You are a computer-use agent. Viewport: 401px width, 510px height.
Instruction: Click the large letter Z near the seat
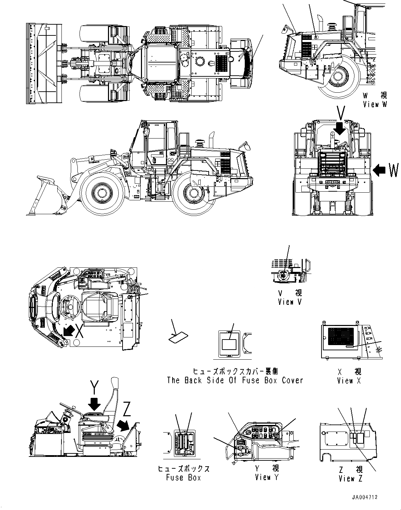tap(127, 411)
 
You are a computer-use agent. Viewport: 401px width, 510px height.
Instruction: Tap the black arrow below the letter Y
tap(94, 404)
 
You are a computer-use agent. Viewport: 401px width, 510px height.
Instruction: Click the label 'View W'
tap(375, 104)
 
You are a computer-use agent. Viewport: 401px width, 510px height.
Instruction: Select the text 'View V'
tap(290, 302)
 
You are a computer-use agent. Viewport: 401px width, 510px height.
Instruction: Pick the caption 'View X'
tap(349, 381)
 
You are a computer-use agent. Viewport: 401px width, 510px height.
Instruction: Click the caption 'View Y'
tap(267, 477)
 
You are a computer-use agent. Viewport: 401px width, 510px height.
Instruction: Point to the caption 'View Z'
tap(351, 479)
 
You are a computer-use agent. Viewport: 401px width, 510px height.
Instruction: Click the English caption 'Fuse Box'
tap(183, 478)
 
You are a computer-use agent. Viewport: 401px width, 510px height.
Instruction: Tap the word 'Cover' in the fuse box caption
tap(292, 380)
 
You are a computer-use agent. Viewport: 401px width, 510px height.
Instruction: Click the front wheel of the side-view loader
tap(102, 193)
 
